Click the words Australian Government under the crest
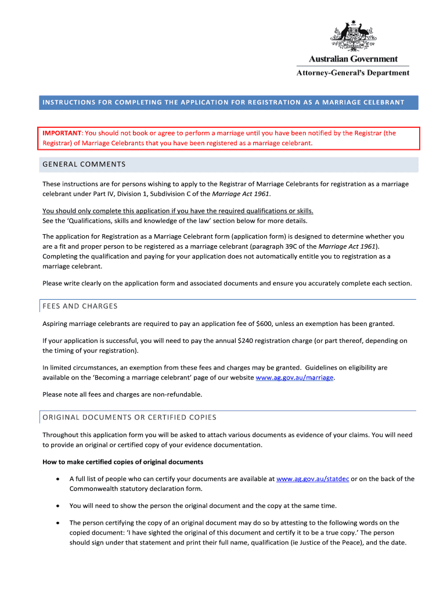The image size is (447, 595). [x=353, y=59]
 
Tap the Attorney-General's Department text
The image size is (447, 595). [x=353, y=73]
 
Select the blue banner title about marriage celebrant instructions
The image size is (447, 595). [x=223, y=102]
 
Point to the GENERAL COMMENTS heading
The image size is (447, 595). [x=84, y=164]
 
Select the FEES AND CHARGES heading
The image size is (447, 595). [x=80, y=306]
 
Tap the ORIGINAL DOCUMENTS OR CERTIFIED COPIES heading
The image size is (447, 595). [x=129, y=417]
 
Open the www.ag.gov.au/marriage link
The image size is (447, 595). [x=294, y=378]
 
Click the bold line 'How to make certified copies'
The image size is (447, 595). [x=122, y=462]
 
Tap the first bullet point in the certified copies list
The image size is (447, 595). [x=56, y=479]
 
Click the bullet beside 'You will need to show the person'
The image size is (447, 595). [x=56, y=506]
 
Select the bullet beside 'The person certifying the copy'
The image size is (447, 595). [x=56, y=523]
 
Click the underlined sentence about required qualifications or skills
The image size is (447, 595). [x=182, y=210]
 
